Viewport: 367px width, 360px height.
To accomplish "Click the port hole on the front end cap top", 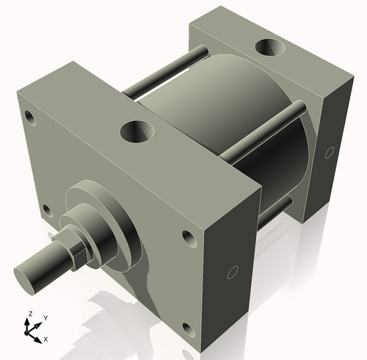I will click(x=137, y=134).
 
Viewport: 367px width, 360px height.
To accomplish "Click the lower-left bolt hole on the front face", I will click(x=47, y=211).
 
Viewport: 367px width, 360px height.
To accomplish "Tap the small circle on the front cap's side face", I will click(x=233, y=273).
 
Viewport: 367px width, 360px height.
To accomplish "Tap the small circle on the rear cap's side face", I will click(x=327, y=154).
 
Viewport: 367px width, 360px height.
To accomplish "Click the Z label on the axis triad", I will click(x=29, y=314).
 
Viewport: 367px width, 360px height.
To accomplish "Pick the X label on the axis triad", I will click(x=46, y=339).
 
